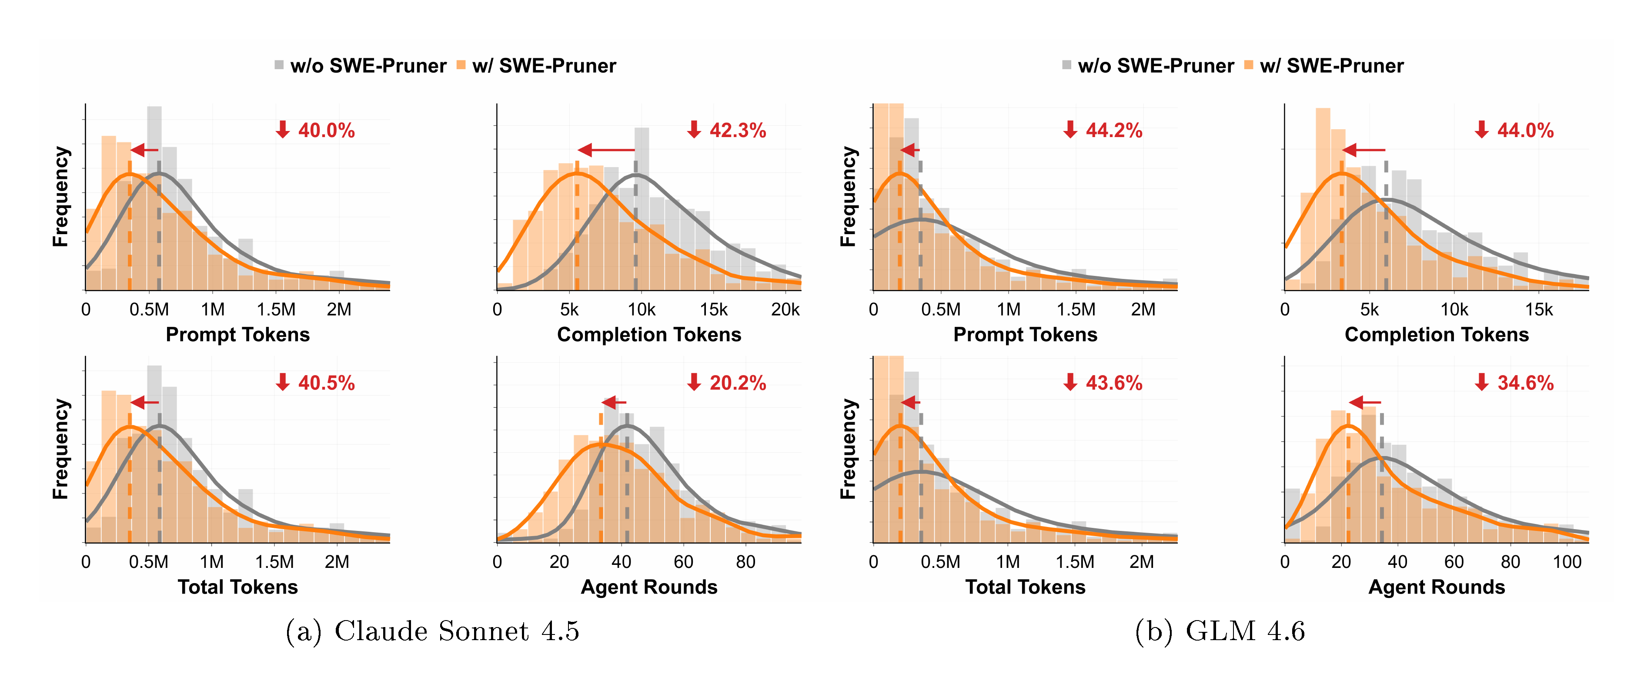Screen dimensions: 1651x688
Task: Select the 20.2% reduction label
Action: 728,383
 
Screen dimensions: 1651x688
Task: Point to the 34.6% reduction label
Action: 1515,383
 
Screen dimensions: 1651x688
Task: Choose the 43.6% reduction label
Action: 1104,383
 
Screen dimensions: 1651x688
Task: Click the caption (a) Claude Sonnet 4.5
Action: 433,631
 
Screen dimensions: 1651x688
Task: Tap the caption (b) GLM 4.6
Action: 1220,631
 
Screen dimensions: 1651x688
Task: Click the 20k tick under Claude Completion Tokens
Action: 785,310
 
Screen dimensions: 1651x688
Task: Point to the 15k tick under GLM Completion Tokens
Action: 1539,310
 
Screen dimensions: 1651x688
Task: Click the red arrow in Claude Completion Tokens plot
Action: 606,150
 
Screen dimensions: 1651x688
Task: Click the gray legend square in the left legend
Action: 279,65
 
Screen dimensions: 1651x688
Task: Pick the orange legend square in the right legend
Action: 1249,65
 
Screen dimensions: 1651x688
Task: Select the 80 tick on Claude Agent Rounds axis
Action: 745,562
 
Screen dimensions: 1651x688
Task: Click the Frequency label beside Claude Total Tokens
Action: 60,449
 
